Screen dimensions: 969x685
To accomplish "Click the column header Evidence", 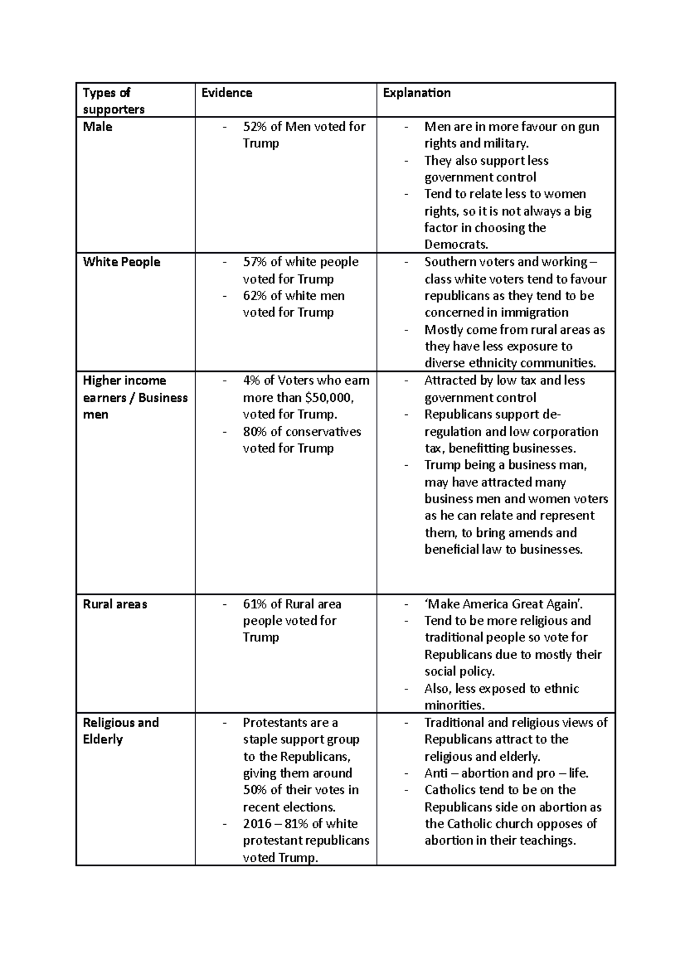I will (227, 93).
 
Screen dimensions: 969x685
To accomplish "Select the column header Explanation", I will (417, 93).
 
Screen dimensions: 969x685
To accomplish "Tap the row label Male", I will (98, 127).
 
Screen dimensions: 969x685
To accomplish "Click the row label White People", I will (122, 262).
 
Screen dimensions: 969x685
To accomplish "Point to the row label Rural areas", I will (115, 604).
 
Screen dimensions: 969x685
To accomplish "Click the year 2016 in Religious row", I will (257, 823).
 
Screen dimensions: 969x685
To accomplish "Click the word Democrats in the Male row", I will (456, 245).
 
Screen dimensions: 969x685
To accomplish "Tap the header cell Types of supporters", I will (113, 100).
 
